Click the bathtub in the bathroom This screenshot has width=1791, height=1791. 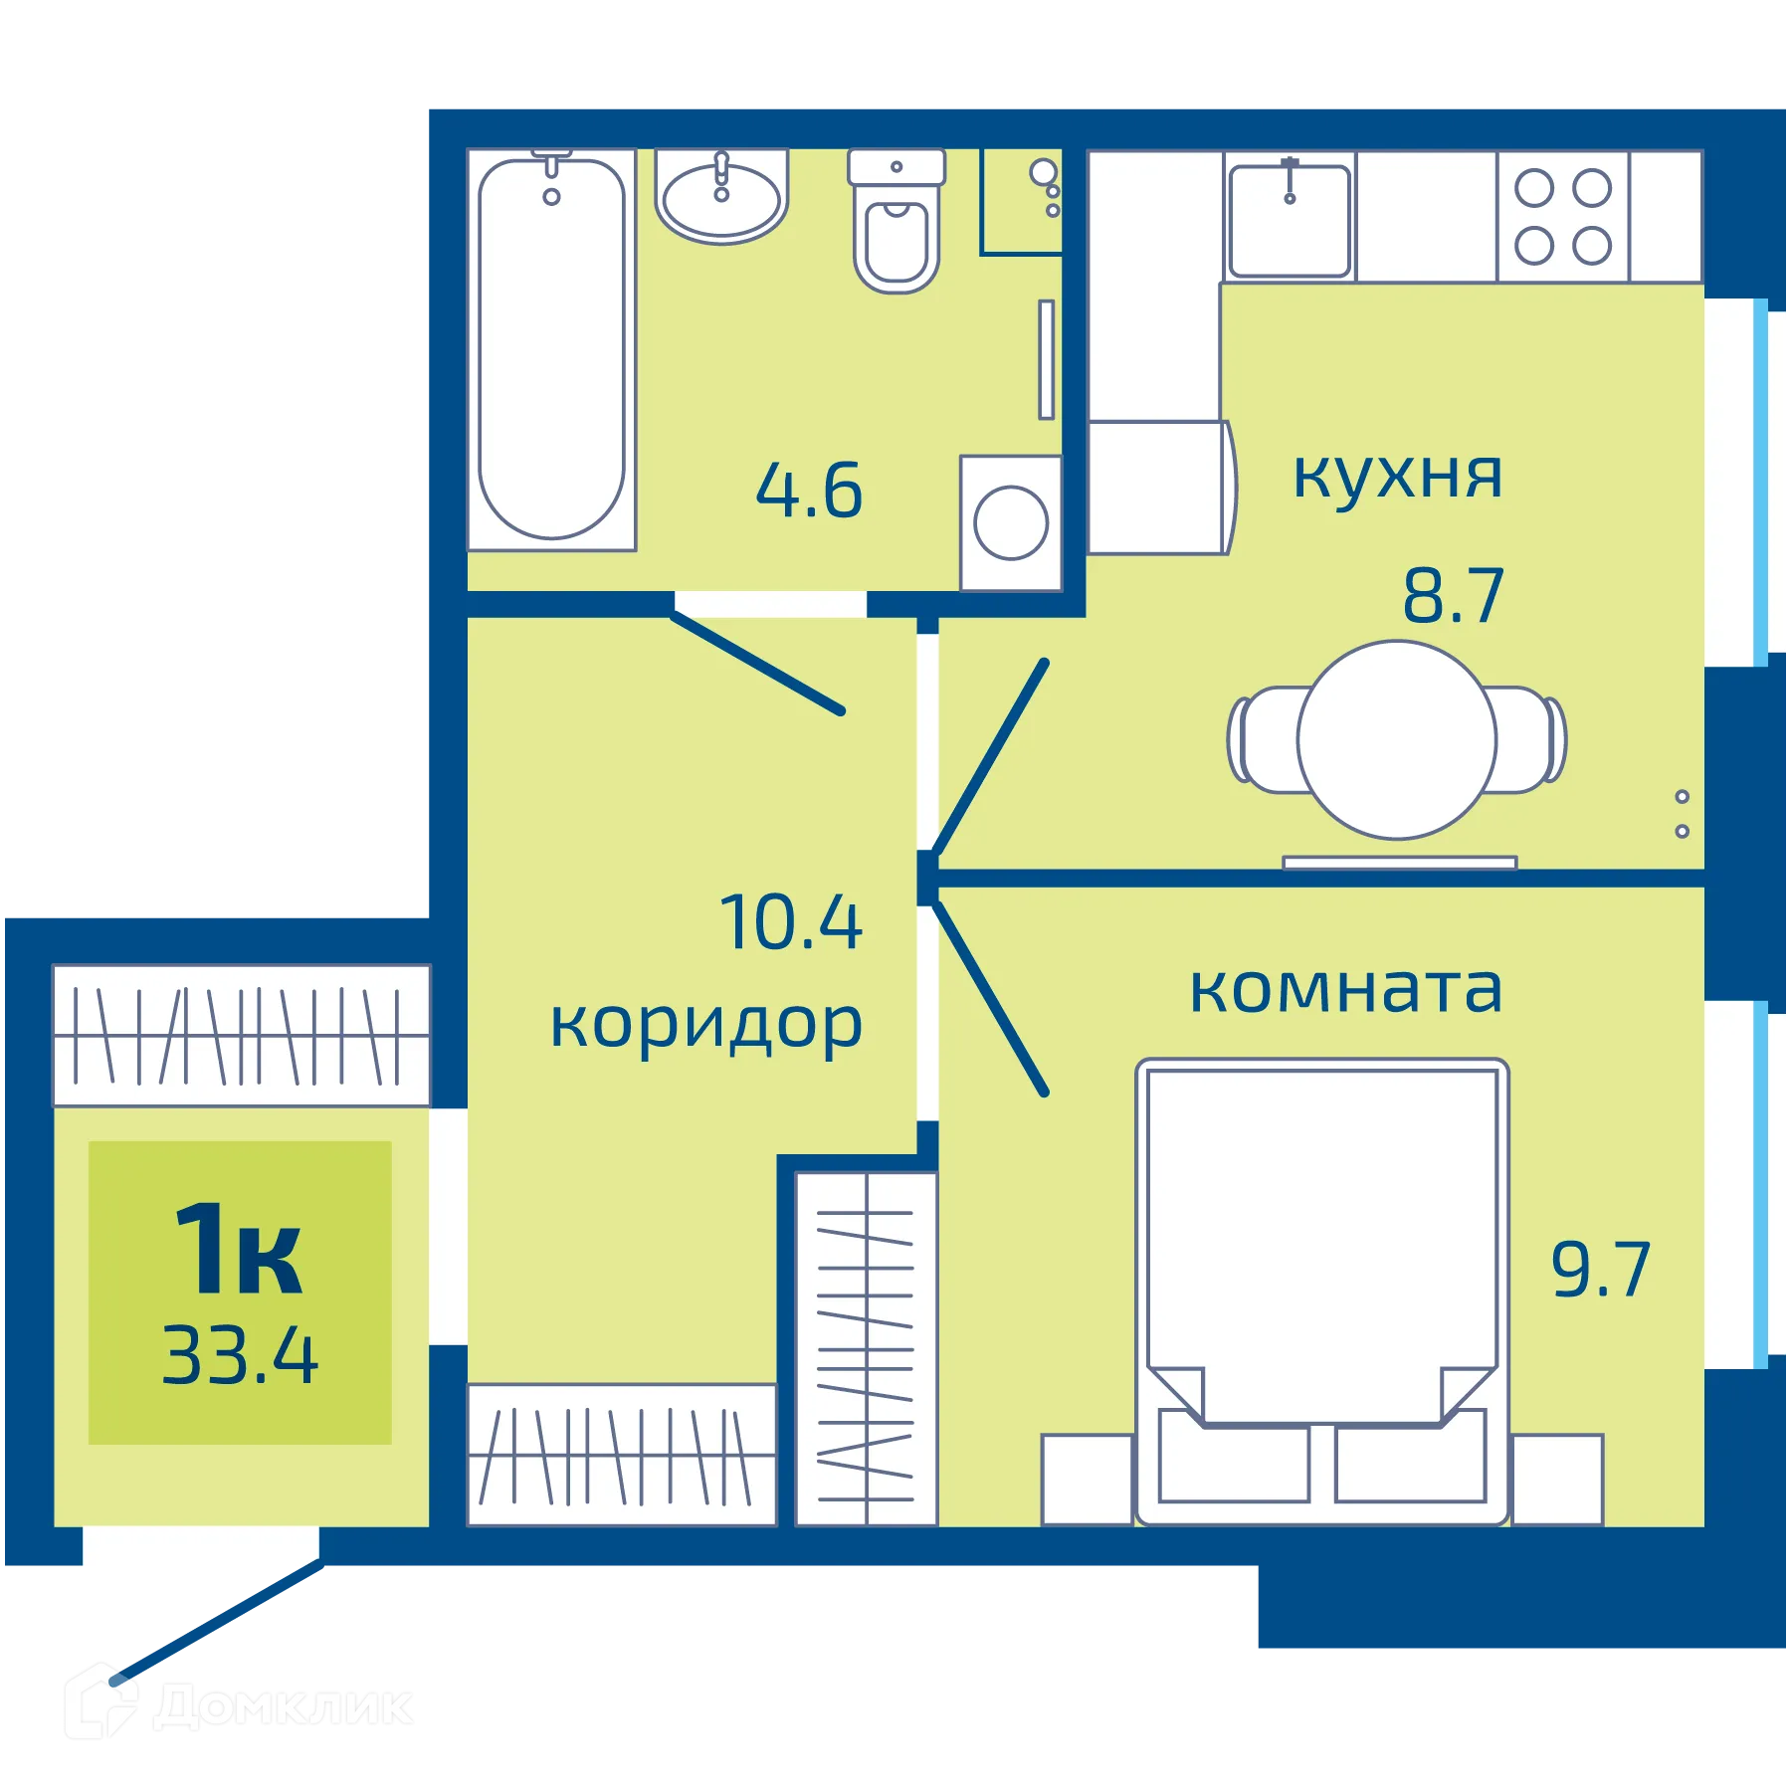(551, 348)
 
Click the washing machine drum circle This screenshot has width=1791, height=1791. (1011, 522)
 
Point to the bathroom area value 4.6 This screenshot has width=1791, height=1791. (809, 492)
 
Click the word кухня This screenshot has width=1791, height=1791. (1397, 476)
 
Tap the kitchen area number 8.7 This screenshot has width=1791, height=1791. (1453, 597)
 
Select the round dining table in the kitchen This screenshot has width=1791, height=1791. (1396, 740)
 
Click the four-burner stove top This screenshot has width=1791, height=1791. (1562, 217)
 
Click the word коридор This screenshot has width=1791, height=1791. (706, 1025)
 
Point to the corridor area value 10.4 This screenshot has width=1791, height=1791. (791, 923)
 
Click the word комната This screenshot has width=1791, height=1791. (1345, 989)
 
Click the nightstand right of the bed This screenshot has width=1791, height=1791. (1556, 1479)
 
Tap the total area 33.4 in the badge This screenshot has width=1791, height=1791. (241, 1355)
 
